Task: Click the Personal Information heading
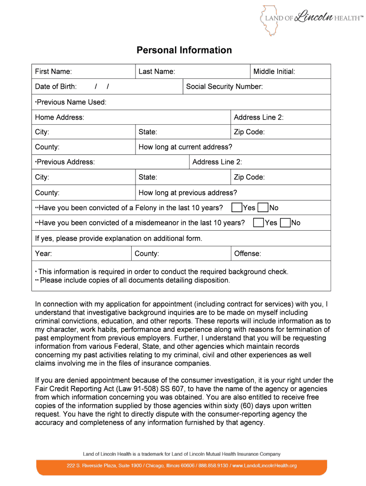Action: point(184,50)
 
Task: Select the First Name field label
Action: point(53,72)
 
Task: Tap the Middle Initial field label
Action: point(274,72)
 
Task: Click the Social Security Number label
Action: point(224,86)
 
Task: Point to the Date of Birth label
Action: point(56,86)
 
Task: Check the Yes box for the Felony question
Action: point(236,208)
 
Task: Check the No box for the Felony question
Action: point(262,208)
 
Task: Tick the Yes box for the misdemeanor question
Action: point(258,223)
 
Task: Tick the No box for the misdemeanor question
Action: point(285,223)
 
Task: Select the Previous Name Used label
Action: point(71,102)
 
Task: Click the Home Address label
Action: point(59,117)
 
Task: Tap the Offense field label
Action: point(248,253)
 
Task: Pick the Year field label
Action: point(43,253)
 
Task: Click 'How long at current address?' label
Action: point(185,147)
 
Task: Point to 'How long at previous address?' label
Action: point(187,193)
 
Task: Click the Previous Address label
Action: point(66,162)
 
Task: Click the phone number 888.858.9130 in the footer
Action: point(213,466)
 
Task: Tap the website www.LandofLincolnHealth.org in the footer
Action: point(264,466)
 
